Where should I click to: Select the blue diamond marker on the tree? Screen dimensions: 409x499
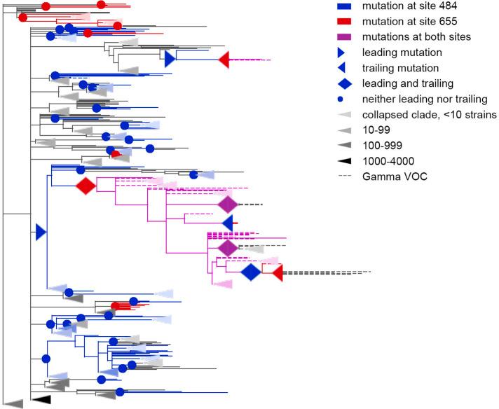click(x=250, y=273)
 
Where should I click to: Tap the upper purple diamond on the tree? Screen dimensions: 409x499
click(x=228, y=204)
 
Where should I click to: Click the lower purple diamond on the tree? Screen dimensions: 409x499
click(x=228, y=249)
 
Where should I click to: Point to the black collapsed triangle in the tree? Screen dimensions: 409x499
click(x=43, y=399)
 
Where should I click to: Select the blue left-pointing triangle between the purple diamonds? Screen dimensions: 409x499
click(x=227, y=223)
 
